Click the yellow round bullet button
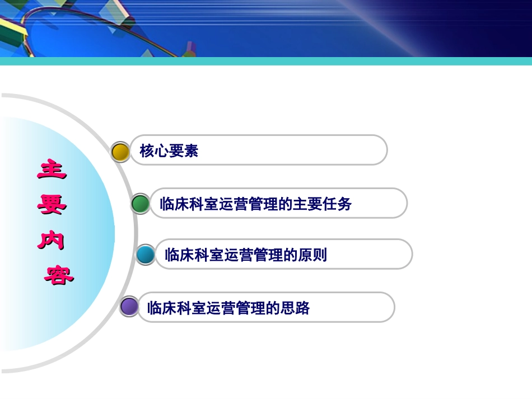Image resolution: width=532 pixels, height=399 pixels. [x=120, y=152]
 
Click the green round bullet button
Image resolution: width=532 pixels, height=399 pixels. [x=141, y=204]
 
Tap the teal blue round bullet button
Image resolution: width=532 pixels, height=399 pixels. [x=146, y=255]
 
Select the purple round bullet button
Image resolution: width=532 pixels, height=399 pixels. [x=129, y=307]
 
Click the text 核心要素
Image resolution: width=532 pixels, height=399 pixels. [x=169, y=151]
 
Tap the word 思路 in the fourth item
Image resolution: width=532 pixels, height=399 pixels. [x=296, y=308]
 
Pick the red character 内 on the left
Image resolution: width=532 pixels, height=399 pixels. [x=52, y=240]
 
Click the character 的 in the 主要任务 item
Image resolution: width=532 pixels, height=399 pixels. [x=286, y=204]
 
